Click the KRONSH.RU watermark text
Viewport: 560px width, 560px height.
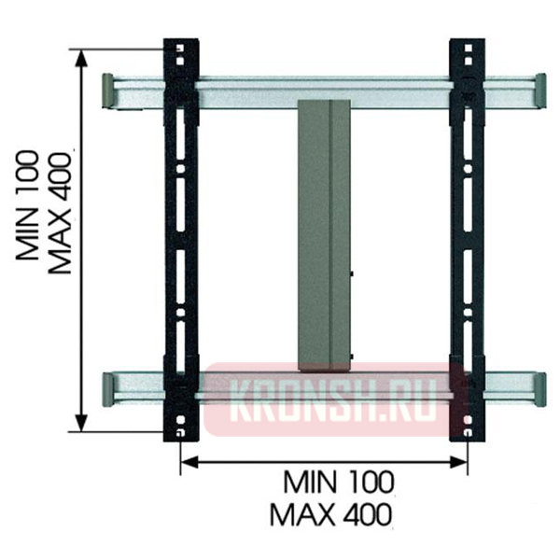point(333,400)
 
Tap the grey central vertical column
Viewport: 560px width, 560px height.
point(324,236)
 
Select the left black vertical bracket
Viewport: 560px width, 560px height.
point(181,240)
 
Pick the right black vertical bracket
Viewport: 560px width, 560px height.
point(468,240)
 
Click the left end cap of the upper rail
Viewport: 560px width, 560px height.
point(107,91)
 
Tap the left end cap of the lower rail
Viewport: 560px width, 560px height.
point(107,389)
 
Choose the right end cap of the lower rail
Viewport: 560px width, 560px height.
point(540,389)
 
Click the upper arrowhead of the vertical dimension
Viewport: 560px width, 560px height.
point(82,59)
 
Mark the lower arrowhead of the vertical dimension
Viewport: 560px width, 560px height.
point(82,423)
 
